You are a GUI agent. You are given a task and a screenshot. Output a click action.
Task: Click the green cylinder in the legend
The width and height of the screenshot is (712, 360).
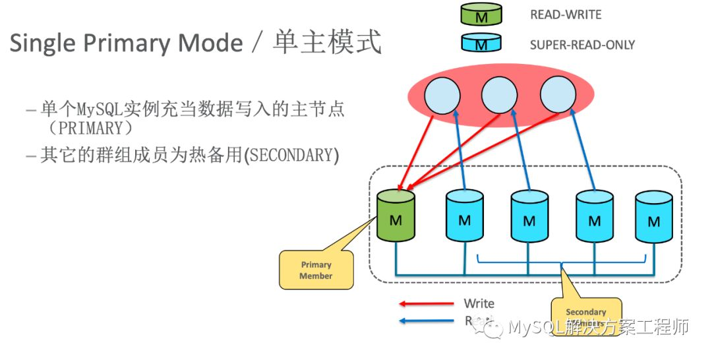(481, 15)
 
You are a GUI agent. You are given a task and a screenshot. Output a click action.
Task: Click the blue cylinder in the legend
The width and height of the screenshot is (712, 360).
(481, 44)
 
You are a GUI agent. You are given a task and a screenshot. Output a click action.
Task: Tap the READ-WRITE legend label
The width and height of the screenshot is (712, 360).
(566, 15)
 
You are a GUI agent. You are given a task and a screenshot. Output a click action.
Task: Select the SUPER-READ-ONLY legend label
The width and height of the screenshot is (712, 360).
(582, 45)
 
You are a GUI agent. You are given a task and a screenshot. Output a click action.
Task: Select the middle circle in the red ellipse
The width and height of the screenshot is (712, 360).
(499, 96)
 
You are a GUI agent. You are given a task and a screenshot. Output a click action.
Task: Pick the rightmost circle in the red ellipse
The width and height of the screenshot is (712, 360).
(558, 96)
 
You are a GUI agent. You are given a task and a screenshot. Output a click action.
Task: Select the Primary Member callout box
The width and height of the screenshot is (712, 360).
(316, 270)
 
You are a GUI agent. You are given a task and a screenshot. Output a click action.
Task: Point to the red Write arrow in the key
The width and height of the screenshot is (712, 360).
(426, 304)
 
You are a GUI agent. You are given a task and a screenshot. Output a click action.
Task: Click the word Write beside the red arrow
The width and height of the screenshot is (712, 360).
(479, 303)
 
